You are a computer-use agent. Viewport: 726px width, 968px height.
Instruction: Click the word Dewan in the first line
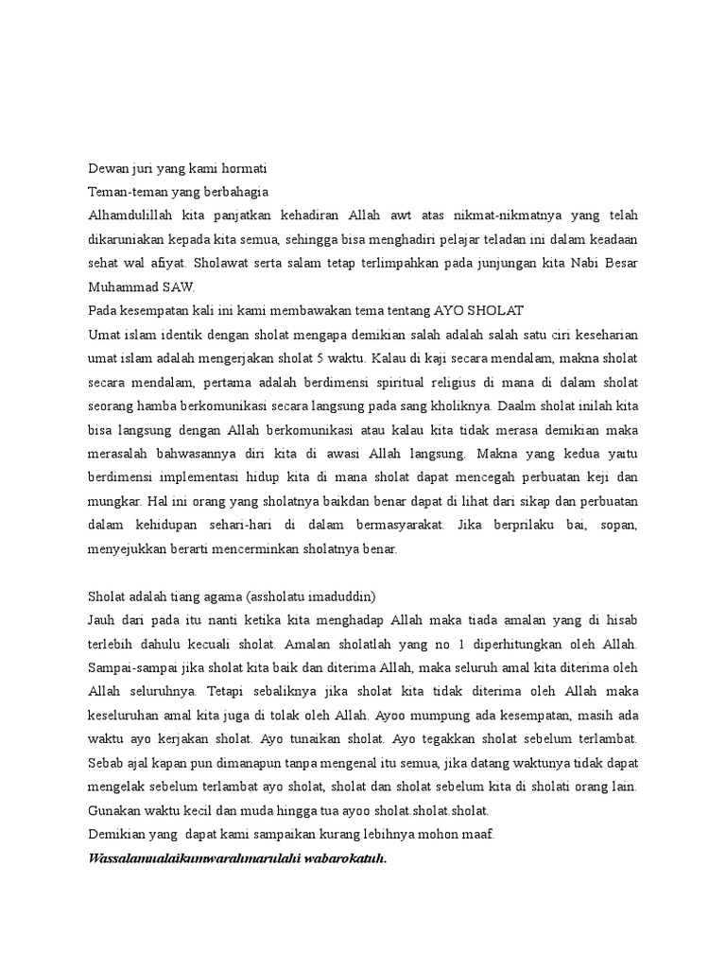(107, 168)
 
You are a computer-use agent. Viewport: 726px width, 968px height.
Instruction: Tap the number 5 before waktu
(362, 359)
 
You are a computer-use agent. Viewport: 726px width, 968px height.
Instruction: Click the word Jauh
(103, 619)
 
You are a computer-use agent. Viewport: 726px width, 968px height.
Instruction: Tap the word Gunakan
(116, 811)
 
